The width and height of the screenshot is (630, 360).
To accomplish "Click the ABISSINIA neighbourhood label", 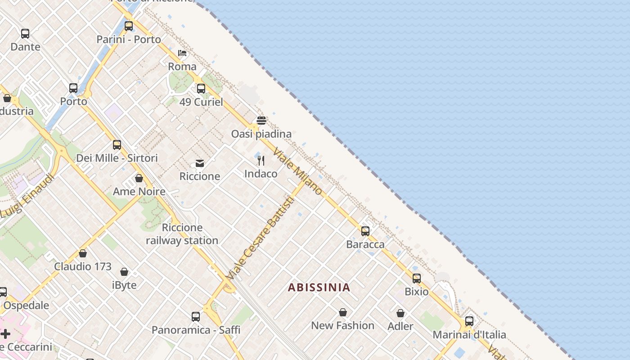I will pos(319,288).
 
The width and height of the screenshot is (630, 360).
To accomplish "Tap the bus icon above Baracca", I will pos(365,231).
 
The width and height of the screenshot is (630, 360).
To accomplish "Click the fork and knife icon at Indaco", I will pos(261,161).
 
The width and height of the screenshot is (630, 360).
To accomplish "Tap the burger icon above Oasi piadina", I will pos(261,121).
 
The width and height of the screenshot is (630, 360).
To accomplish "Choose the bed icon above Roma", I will pos(182,53).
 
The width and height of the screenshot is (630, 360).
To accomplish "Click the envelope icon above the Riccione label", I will pos(200,163).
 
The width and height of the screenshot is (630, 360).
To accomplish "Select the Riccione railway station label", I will pos(182,234).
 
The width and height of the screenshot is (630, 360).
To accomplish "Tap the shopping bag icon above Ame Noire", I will pos(139,178).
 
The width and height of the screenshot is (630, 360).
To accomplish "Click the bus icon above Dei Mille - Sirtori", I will pos(117,145).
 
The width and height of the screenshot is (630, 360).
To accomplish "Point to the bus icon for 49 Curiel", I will pos(201,89).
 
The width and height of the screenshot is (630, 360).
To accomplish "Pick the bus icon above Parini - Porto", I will pos(129,26).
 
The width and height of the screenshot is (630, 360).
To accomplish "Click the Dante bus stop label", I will pos(25,47).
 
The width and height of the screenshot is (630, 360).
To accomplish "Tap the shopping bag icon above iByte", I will pos(124,272).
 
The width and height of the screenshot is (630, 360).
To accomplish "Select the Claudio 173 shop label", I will pos(83,266).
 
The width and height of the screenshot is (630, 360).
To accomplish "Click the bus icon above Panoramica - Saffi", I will pos(196,317).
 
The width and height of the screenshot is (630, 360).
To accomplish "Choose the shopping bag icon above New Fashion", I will pos(343,312).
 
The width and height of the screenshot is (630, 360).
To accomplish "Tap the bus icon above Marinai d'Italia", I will pos(469,321).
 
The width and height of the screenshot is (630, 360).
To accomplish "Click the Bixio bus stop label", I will pos(417,292).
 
